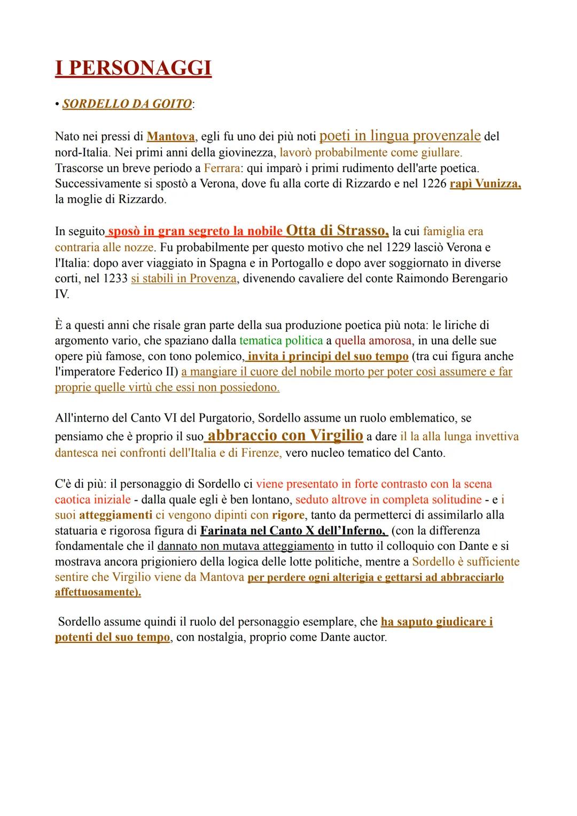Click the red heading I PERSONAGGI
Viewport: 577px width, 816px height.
click(133, 69)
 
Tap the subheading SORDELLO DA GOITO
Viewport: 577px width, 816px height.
click(127, 104)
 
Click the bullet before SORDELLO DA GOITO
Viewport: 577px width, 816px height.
click(57, 104)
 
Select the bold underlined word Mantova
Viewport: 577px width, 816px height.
click(170, 137)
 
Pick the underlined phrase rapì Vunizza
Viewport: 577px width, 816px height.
click(485, 184)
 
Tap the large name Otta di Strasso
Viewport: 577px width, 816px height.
click(337, 230)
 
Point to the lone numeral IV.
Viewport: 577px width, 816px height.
click(62, 294)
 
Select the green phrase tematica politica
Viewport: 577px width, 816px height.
click(281, 340)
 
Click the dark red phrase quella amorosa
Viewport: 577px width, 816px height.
click(373, 340)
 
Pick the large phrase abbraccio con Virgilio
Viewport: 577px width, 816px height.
click(285, 436)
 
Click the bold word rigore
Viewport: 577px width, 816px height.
click(288, 515)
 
